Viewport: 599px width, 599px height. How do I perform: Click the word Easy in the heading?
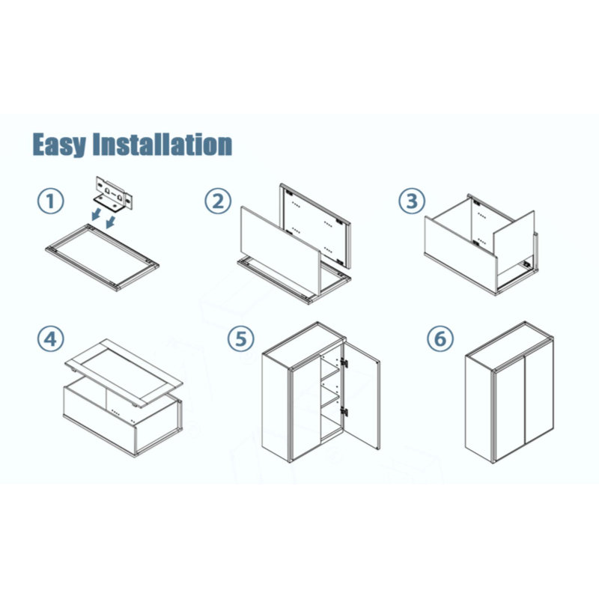pos(59,145)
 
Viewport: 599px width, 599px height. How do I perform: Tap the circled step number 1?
pos(50,201)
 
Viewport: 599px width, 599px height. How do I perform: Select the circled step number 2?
pos(218,201)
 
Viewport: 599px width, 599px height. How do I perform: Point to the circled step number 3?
pos(412,201)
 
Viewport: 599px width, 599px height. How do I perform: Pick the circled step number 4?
pos(50,338)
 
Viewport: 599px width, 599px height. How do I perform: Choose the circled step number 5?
pos(240,338)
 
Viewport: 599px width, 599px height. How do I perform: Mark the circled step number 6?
pos(440,338)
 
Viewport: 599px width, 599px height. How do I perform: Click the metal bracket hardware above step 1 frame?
pos(114,193)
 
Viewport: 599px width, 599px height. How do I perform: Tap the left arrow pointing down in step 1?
pos(97,214)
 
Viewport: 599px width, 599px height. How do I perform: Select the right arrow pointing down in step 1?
pos(110,222)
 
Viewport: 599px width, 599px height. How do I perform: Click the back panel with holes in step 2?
pos(315,225)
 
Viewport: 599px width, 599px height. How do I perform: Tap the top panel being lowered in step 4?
pos(124,373)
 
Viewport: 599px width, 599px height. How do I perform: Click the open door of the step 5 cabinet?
pos(362,396)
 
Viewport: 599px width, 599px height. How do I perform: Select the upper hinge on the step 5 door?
pos(344,363)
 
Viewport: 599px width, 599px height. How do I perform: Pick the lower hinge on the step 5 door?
pos(344,413)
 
